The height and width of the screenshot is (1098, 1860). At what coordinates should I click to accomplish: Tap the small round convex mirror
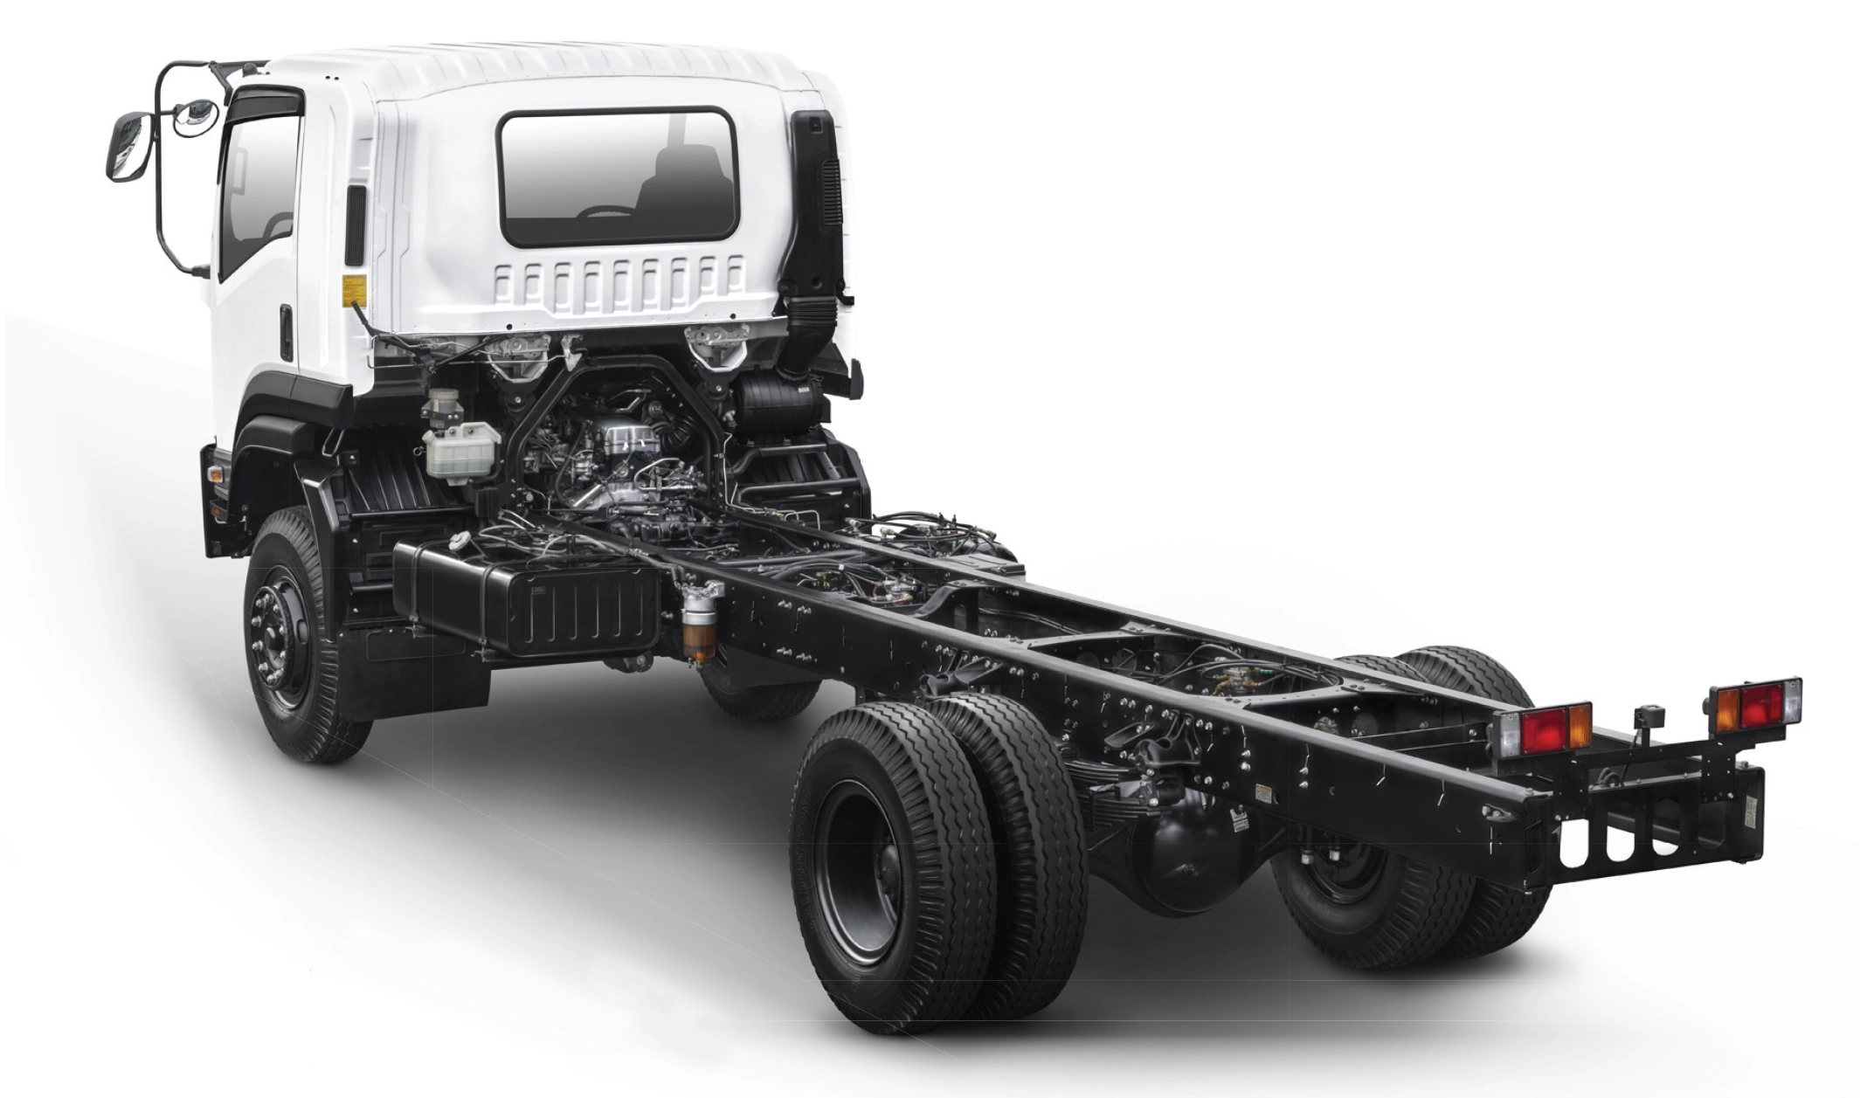pyautogui.click(x=194, y=116)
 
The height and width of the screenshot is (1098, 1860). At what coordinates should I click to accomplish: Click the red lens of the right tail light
pyautogui.click(x=1758, y=704)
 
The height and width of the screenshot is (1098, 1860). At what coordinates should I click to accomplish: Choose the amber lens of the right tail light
pyautogui.click(x=1726, y=707)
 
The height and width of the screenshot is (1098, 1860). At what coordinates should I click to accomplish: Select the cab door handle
pyautogui.click(x=286, y=331)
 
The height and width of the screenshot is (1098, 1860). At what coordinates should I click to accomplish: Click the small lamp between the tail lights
pyautogui.click(x=1651, y=717)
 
